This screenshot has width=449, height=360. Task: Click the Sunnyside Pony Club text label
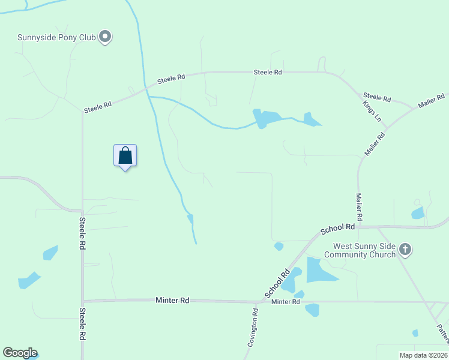coord(56,37)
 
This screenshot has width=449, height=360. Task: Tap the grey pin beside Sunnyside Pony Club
coord(105,37)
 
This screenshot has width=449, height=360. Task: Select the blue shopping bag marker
coord(125,156)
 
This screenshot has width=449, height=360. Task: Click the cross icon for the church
coord(405,250)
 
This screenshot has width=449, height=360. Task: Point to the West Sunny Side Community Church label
coord(360,250)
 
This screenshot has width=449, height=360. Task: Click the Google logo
coord(20,353)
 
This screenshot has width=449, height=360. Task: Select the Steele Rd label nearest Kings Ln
coord(377,97)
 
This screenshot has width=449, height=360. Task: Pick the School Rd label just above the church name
coord(338,228)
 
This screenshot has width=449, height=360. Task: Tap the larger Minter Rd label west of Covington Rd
coord(172,299)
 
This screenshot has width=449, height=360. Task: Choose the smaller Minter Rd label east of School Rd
coord(285,302)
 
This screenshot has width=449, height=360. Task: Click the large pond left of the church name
coord(321,270)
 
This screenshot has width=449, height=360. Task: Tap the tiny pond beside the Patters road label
coord(415,332)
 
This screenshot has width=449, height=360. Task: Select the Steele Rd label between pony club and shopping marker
coord(98,107)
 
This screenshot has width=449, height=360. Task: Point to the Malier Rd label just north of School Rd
coord(360,205)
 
